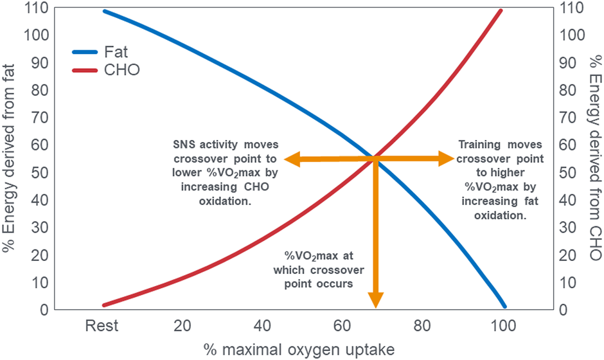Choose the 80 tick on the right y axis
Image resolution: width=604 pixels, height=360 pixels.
click(x=571, y=91)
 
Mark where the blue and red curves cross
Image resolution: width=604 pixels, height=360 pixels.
click(x=374, y=158)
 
